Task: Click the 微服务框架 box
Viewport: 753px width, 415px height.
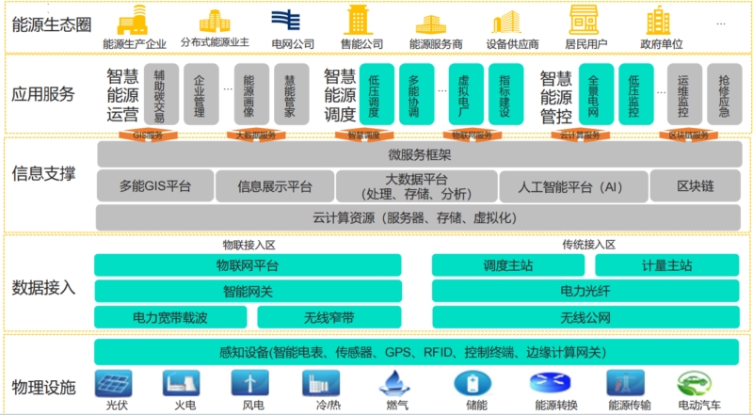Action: coord(419,155)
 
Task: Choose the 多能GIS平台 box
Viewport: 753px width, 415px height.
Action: coord(154,186)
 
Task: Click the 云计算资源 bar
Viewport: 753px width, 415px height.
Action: coord(419,217)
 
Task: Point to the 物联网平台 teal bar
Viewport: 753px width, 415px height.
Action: coord(248,265)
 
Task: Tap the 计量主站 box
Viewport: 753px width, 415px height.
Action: coord(669,265)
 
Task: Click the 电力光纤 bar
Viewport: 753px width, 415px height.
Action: coord(586,291)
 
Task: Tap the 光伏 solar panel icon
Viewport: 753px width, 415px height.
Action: coord(116,383)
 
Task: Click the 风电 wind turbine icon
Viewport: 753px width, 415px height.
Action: coord(250,383)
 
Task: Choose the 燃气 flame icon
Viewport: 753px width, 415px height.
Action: coord(393,383)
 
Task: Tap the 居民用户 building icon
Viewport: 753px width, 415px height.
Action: coord(585,20)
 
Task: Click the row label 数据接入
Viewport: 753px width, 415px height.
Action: coord(43,287)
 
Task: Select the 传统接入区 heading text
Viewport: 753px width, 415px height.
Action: coord(588,245)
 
